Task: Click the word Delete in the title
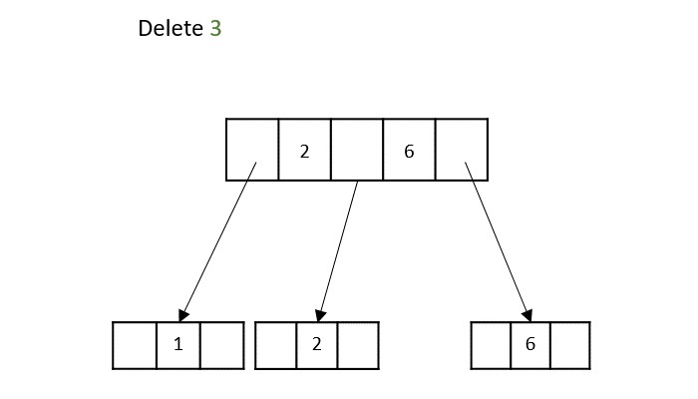[171, 29]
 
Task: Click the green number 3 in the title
[215, 29]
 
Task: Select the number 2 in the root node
[304, 151]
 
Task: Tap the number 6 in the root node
[409, 151]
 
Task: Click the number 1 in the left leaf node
[178, 345]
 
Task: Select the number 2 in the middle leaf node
[316, 345]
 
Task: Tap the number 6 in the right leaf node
[530, 344]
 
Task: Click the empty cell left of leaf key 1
[135, 345]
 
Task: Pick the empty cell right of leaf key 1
[221, 345]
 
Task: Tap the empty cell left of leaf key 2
[275, 345]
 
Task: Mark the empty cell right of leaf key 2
[358, 345]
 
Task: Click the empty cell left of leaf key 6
[490, 344]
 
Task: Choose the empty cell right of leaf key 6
[569, 344]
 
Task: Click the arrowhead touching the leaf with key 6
[524, 313]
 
